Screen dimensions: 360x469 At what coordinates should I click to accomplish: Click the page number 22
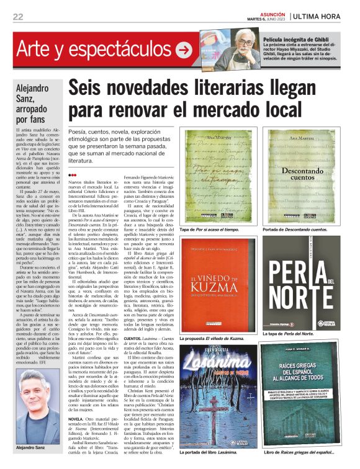coord(18,16)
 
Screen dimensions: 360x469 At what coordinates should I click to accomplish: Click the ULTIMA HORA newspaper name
coord(321,16)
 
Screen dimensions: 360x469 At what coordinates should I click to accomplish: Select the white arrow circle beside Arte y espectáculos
coord(184,50)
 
